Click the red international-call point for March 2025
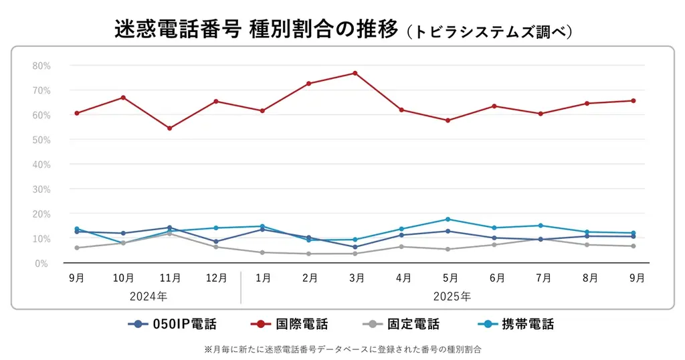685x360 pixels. coord(355,73)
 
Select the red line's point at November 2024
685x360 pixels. coord(169,128)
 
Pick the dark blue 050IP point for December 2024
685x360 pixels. coord(215,242)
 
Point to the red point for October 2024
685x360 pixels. coord(123,98)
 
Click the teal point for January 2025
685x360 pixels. coord(262,226)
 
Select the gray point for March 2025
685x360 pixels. coord(355,254)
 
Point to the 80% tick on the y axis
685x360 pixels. coord(41,66)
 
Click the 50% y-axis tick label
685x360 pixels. coord(41,140)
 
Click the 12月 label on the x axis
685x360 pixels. coord(216,278)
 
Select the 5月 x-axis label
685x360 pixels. coord(449,278)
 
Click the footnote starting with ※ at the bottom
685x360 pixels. coord(342,349)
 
